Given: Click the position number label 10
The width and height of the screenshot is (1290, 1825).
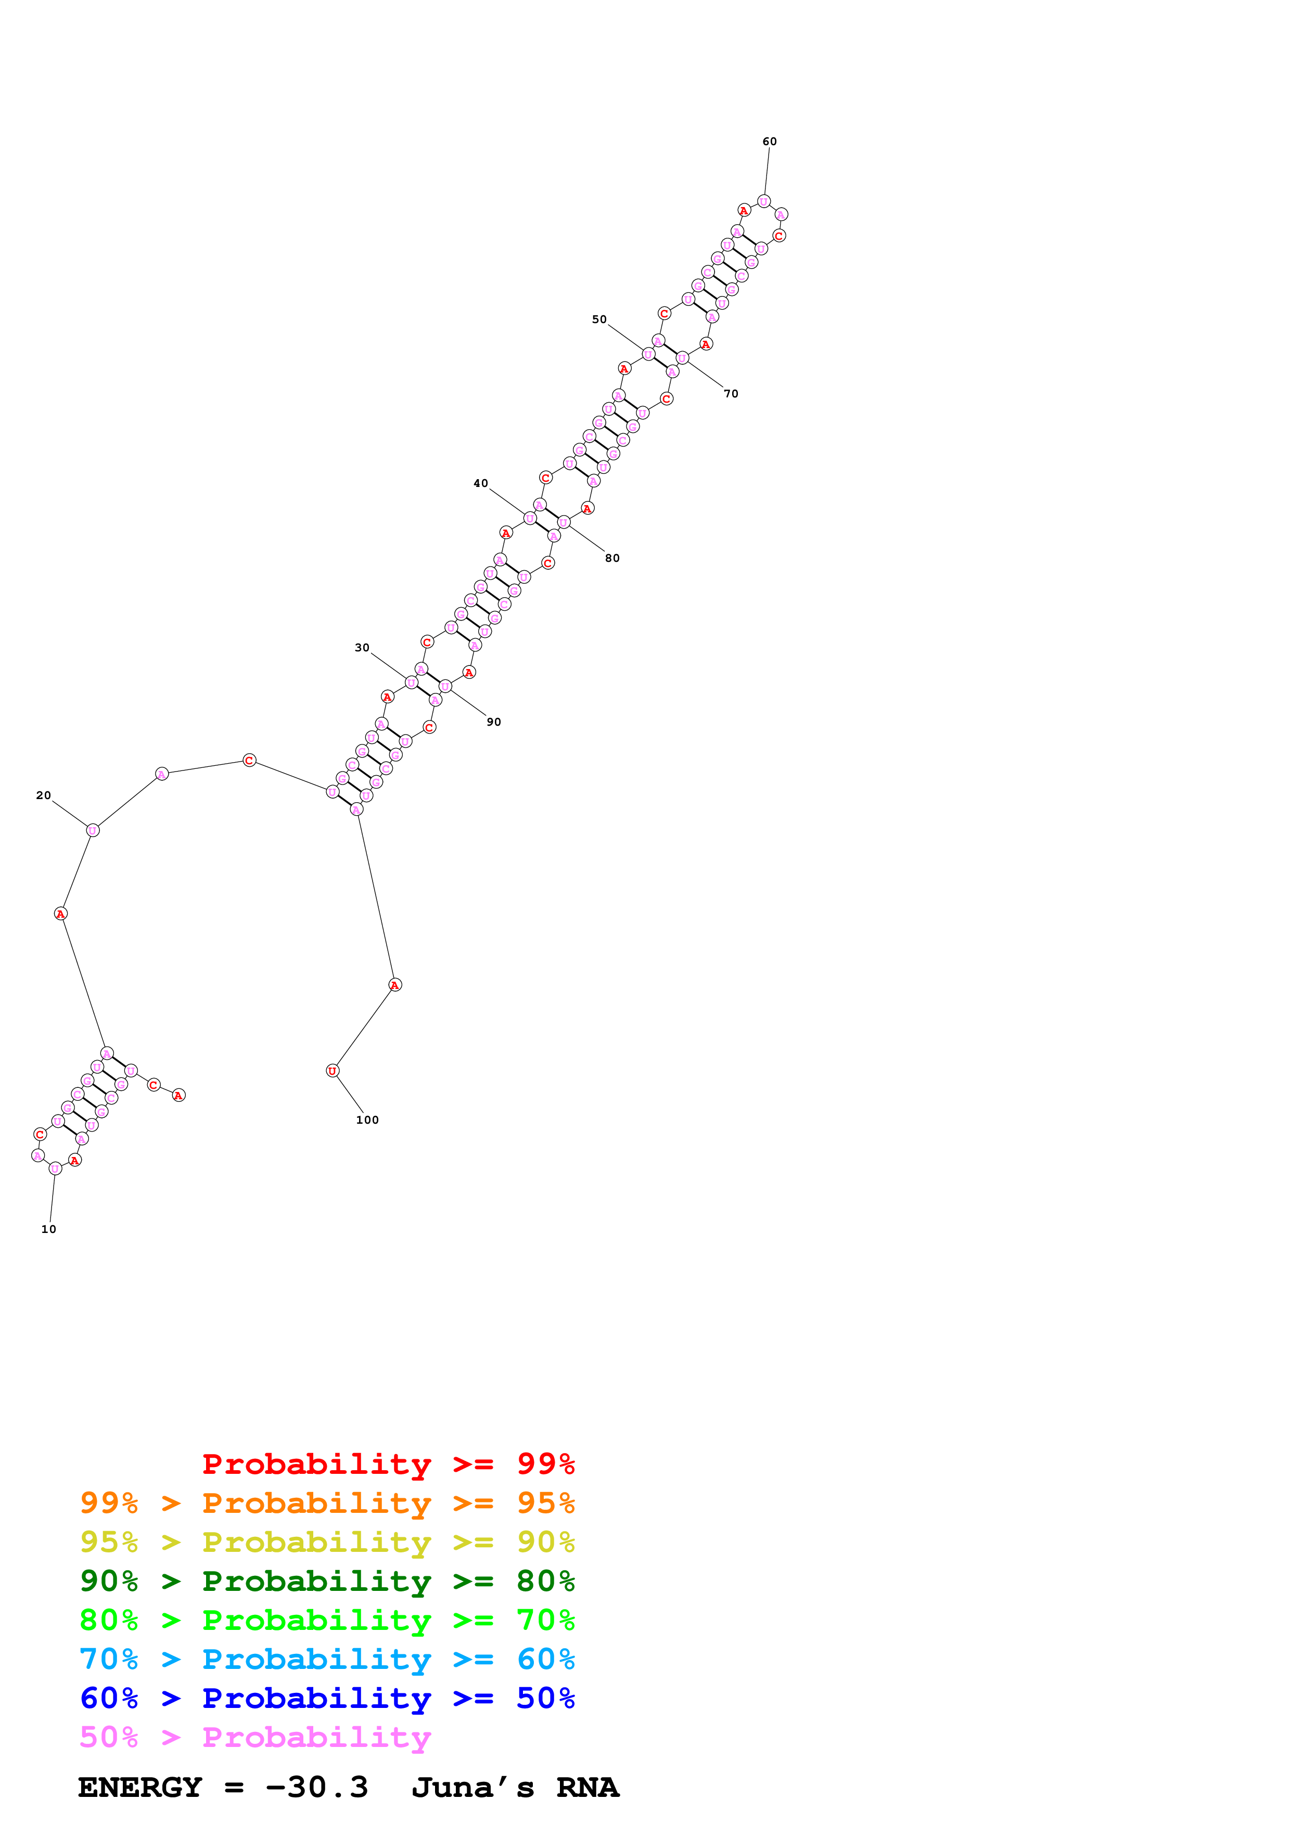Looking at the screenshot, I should [x=48, y=1229].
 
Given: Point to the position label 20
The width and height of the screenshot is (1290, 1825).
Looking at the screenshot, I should [x=44, y=795].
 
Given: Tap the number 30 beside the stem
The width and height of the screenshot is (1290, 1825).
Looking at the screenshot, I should [x=362, y=647].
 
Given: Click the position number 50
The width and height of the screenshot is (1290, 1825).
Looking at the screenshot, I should [x=599, y=319].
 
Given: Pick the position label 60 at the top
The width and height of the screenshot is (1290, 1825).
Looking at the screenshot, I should [x=770, y=142].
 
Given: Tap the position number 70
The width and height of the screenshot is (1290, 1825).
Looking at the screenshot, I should [x=731, y=393].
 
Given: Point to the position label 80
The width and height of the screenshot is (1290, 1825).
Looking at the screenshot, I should [x=612, y=558].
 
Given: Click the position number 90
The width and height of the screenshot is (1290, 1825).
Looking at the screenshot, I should [x=494, y=722].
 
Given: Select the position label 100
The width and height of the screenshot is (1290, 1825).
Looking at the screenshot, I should [x=367, y=1120].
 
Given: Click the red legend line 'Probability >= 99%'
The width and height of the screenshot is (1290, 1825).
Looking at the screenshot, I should [x=388, y=1463].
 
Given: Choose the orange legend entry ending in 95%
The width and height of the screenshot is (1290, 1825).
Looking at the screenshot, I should [x=327, y=1503].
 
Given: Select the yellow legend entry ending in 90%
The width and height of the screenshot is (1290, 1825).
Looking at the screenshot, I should [x=327, y=1542].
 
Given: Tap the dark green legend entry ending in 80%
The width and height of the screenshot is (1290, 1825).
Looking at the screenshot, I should [x=327, y=1581].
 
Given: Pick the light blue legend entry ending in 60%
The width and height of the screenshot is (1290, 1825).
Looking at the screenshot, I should [x=327, y=1659].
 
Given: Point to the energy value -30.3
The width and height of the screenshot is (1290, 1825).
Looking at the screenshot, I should [x=316, y=1788].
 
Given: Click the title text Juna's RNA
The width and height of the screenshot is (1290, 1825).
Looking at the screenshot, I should [x=515, y=1788].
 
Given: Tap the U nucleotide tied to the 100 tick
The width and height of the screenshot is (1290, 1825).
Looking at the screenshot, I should [x=332, y=1071].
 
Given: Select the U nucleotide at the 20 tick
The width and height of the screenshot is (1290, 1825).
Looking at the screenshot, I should [x=93, y=830].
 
